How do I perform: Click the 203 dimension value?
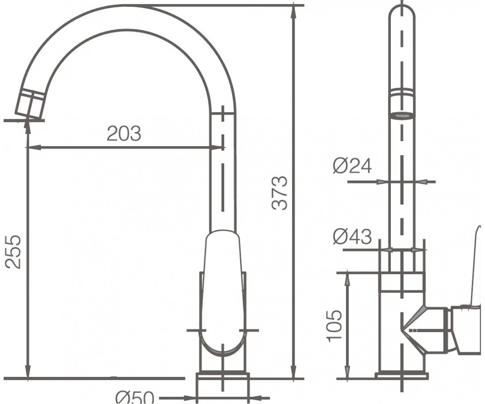tap(124, 134)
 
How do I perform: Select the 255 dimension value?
tap(13, 252)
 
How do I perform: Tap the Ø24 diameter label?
tap(352, 166)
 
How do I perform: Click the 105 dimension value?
tap(335, 326)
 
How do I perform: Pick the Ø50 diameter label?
tap(135, 398)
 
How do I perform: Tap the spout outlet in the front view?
tap(402, 116)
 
